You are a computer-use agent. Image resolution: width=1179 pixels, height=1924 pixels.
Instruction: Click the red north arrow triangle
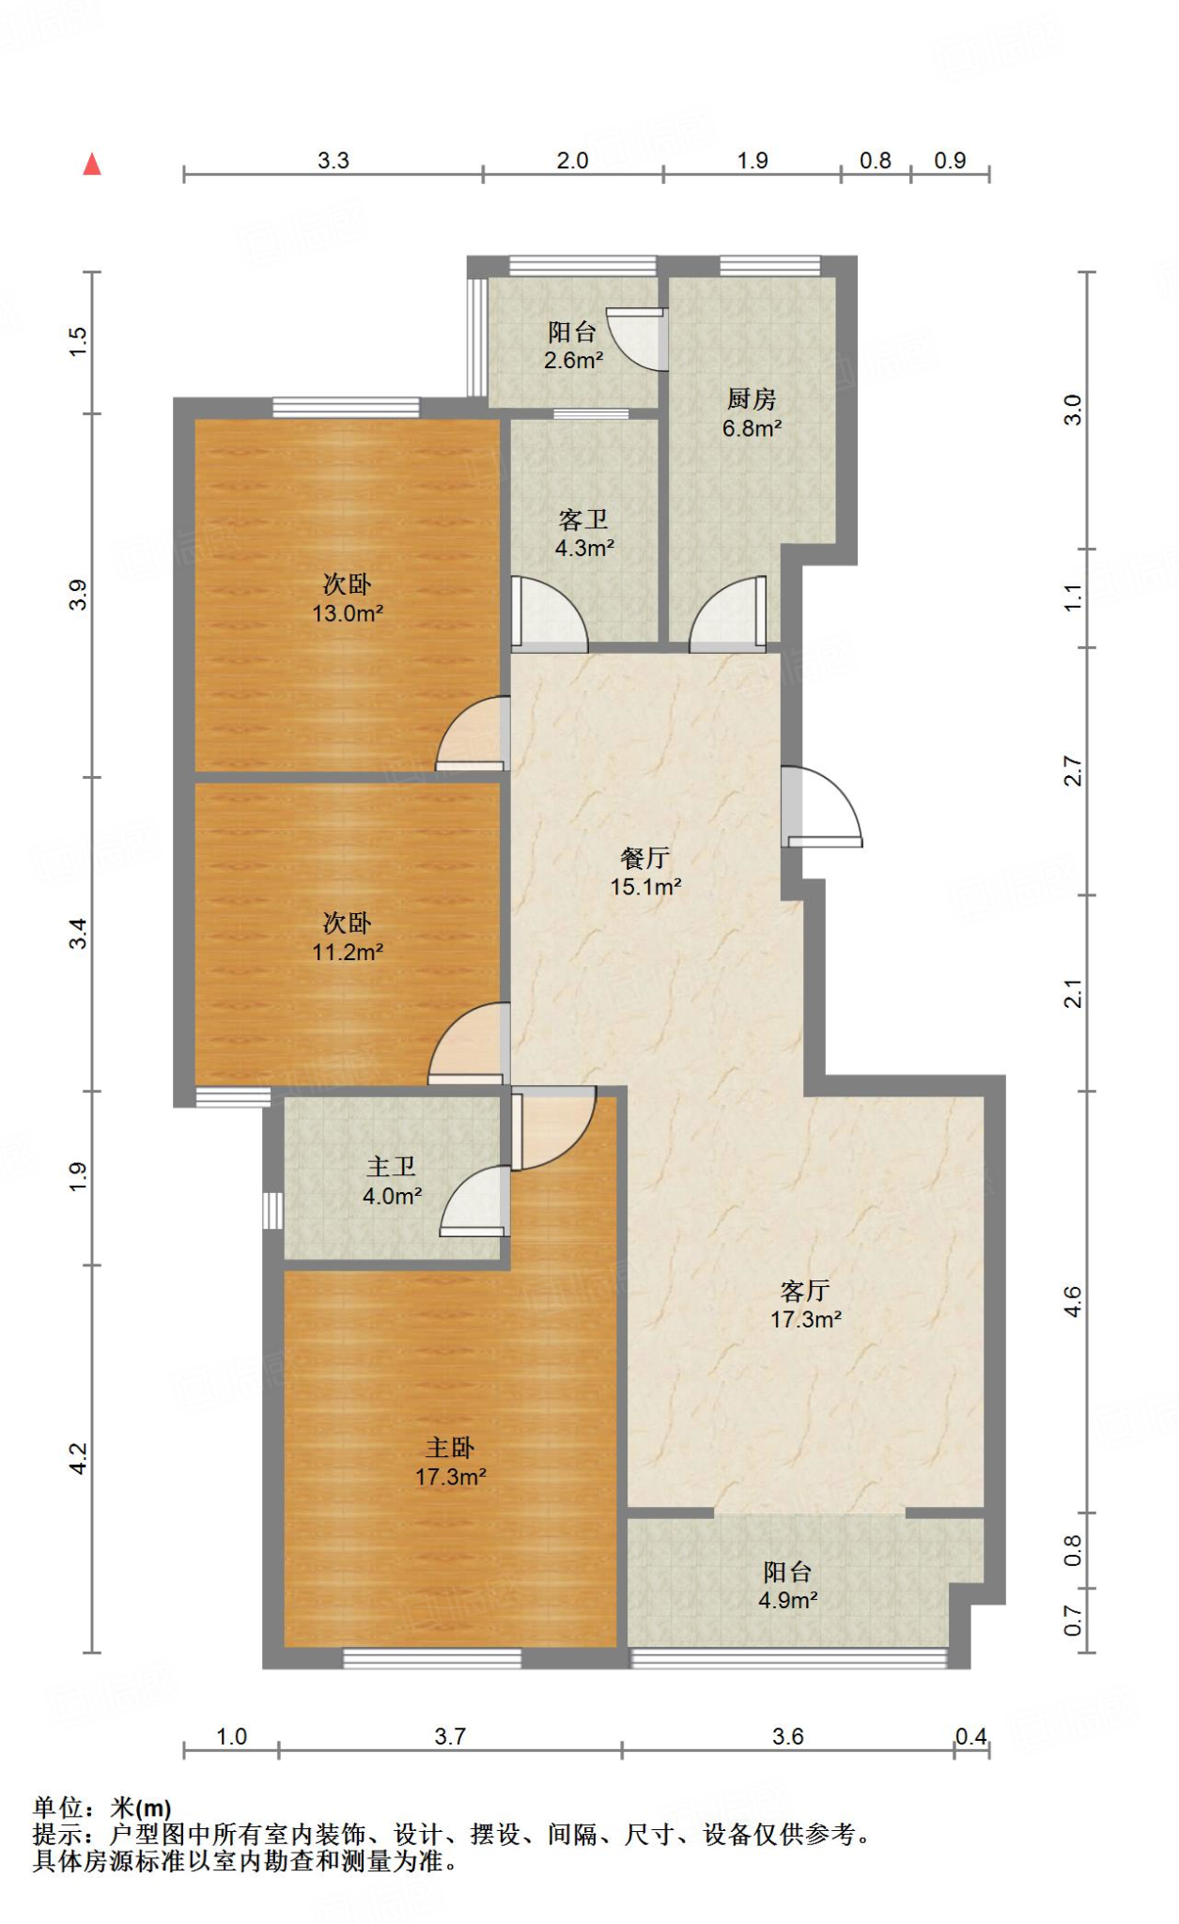(x=91, y=164)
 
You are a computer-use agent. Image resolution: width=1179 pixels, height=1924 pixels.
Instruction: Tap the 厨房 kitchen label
(x=752, y=399)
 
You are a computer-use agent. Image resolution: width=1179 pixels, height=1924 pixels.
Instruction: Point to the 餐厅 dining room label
(x=645, y=857)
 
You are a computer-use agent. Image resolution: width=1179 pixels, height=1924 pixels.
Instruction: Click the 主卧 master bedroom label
(x=450, y=1448)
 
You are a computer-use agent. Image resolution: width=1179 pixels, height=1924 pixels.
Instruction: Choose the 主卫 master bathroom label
(x=392, y=1167)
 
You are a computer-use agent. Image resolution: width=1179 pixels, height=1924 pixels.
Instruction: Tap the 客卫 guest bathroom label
(x=583, y=520)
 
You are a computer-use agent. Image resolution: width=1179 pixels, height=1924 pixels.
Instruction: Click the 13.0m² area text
(x=348, y=613)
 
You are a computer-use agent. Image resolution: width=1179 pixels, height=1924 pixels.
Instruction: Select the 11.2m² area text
(x=348, y=952)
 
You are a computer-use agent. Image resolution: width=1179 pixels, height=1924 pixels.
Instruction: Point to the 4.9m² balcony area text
(x=788, y=1600)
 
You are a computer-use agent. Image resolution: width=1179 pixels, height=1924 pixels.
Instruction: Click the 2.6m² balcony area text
(x=573, y=360)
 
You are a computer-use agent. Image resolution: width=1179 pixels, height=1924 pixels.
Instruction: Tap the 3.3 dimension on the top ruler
(x=334, y=161)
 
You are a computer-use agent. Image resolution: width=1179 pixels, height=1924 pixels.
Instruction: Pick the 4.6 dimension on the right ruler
(x=1073, y=1302)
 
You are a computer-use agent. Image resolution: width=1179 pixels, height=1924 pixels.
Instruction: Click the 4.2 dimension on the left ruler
(x=78, y=1458)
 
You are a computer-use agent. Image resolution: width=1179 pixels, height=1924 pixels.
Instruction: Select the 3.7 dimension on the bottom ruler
(x=450, y=1736)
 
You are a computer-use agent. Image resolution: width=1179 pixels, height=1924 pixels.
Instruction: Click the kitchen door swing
(x=728, y=614)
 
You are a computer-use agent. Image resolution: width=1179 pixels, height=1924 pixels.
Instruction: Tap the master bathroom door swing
(x=475, y=1202)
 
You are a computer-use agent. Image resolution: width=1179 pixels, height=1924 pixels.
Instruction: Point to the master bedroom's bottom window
(x=432, y=1659)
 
